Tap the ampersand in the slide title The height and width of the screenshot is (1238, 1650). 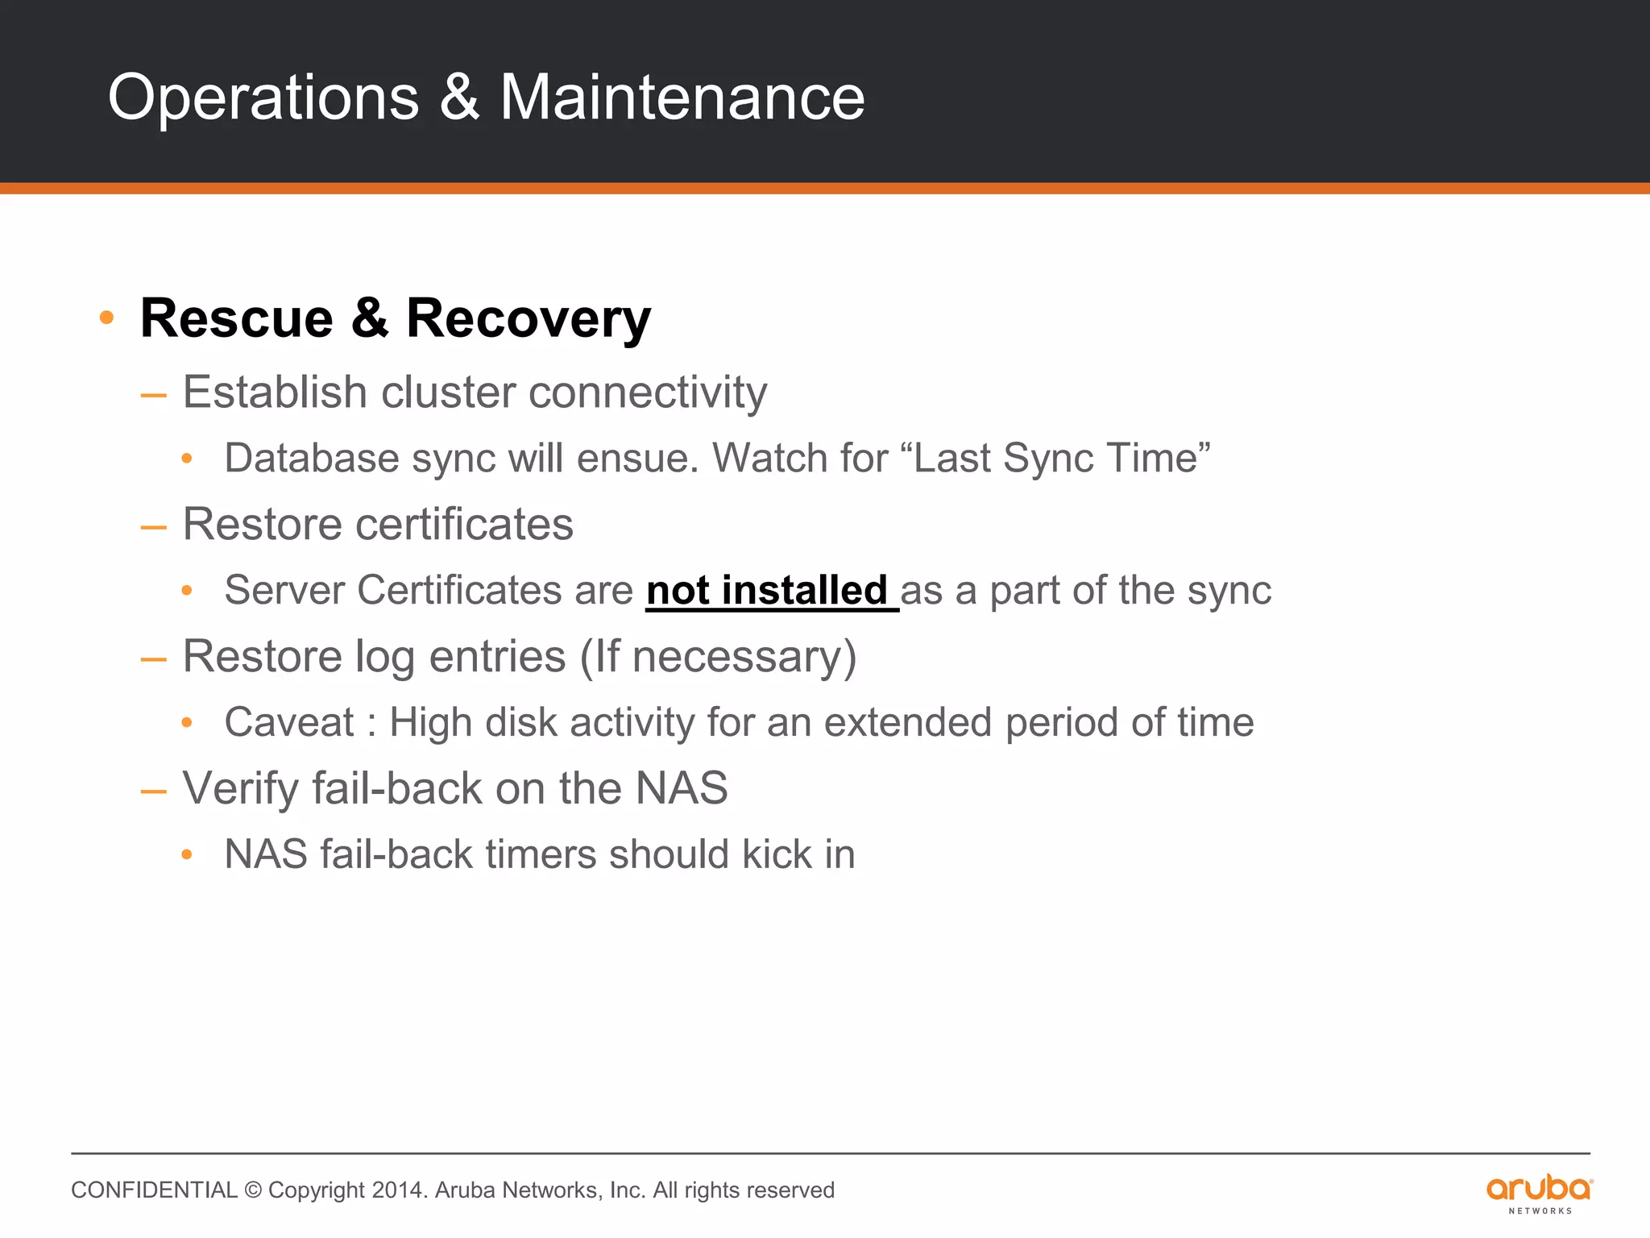pos(459,98)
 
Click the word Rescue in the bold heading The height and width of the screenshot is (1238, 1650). pos(236,318)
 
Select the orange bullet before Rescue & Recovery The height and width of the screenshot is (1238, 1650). pos(106,318)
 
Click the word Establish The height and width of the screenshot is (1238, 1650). pos(275,393)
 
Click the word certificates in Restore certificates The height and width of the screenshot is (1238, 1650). pos(464,525)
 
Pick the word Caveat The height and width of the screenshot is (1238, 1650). pos(288,722)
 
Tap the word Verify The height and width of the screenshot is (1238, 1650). pos(240,788)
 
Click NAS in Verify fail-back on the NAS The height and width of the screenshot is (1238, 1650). pos(681,788)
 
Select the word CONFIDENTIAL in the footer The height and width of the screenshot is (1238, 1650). pos(154,1190)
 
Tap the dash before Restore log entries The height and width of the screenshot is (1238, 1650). pos(153,658)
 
